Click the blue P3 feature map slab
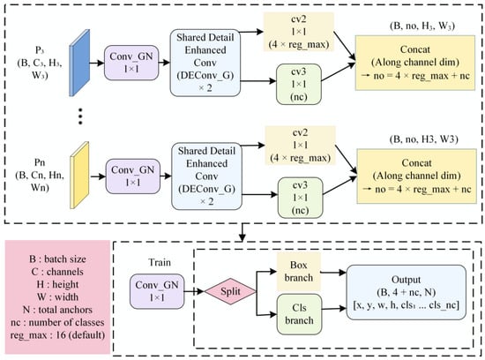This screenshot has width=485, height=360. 79,63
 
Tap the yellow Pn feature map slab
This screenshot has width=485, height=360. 79,176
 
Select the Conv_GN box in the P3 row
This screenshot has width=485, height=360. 131,63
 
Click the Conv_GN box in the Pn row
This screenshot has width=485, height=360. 133,176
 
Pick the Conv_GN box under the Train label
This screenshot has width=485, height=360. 157,291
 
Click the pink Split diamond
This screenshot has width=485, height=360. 230,291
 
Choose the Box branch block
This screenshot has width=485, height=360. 298,272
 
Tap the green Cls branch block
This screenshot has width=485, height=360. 299,314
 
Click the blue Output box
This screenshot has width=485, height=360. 407,292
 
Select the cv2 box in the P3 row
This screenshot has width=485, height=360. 298,32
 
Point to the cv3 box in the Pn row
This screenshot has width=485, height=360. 300,198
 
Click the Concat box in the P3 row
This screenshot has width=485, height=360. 415,63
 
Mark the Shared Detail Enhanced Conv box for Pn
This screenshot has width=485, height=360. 206,176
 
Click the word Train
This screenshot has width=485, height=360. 160,262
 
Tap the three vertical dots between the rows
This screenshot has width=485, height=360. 80,116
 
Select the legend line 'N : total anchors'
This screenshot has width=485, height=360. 57,310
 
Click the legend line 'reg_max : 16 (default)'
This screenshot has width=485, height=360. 57,335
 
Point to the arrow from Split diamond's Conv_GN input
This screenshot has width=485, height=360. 194,291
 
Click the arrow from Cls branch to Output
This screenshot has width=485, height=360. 334,309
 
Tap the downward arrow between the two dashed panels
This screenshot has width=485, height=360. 242,232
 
